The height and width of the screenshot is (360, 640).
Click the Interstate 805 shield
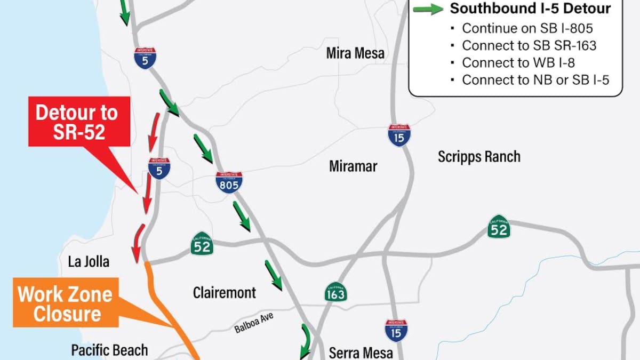[x=229, y=182]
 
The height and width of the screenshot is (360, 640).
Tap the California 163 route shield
[x=335, y=292]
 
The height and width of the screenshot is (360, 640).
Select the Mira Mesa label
[x=355, y=53]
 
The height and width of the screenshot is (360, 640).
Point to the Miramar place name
[x=353, y=166]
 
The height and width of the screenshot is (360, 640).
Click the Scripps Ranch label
[x=479, y=157]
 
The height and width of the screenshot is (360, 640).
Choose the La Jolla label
[x=89, y=261]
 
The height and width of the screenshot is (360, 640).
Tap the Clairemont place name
[x=225, y=293]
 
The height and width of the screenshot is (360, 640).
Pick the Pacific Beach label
[x=109, y=350]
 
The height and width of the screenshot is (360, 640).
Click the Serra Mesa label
[x=361, y=353]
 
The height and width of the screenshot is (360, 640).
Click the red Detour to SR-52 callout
[x=79, y=121]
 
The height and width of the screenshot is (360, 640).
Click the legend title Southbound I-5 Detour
[x=530, y=9]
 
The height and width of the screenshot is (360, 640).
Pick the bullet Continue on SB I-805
[x=527, y=28]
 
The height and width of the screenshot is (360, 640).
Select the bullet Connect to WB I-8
[x=518, y=62]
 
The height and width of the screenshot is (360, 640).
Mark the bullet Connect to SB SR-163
[x=529, y=45]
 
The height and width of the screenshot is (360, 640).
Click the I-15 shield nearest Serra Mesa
[x=396, y=331]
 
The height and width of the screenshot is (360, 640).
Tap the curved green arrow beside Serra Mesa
[x=306, y=341]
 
